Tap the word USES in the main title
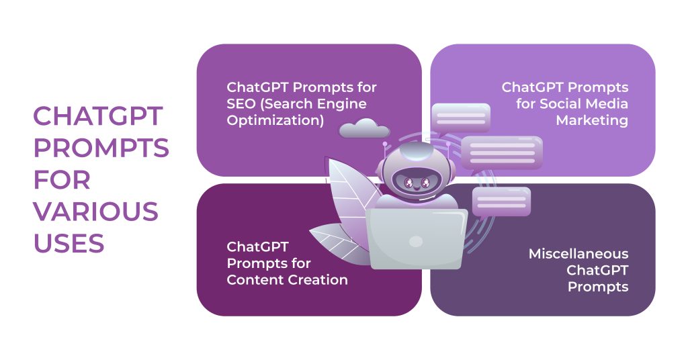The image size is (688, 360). [69, 242]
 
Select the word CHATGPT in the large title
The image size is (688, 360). [98, 116]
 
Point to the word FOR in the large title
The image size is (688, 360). [62, 179]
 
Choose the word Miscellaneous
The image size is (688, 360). [578, 254]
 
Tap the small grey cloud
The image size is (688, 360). [364, 128]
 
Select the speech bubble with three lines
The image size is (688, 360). [501, 152]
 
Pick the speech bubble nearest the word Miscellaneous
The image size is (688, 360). [501, 201]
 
